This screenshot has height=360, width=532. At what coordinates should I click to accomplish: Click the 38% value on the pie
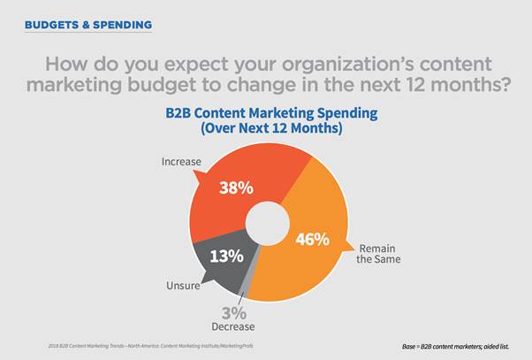(x=236, y=188)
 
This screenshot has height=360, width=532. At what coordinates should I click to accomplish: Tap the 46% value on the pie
(x=311, y=239)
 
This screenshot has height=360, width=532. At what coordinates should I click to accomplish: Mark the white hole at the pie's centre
(x=267, y=225)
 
